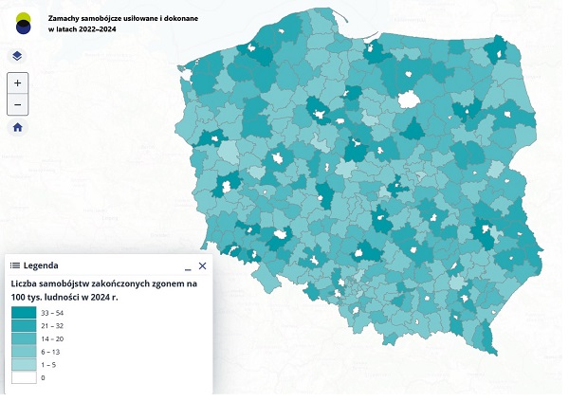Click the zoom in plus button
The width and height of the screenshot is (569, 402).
(x=17, y=83)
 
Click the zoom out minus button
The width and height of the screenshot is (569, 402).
(x=17, y=104)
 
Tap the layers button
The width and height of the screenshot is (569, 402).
(x=17, y=56)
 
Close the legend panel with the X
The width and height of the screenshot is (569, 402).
(x=202, y=266)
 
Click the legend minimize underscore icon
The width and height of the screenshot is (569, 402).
(x=187, y=267)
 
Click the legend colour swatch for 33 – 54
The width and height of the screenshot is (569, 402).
(x=24, y=312)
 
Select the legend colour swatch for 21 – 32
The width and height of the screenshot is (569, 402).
(x=24, y=325)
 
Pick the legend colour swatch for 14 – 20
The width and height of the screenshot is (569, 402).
(x=24, y=338)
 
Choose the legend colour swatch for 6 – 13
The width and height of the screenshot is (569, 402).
(x=24, y=351)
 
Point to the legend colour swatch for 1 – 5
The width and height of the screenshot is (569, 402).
(x=24, y=364)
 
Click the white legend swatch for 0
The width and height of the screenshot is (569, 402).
(x=24, y=377)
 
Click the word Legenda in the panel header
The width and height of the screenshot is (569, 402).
(x=42, y=266)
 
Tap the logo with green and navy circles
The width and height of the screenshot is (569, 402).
(x=21, y=23)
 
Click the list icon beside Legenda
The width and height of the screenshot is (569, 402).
(x=15, y=266)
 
